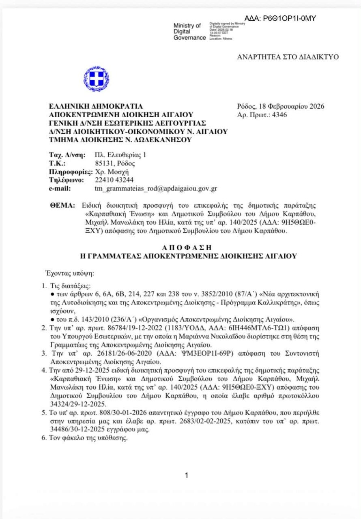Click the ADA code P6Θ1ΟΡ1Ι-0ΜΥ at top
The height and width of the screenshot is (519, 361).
pos(280,18)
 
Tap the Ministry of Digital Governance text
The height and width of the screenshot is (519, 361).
pos(189,32)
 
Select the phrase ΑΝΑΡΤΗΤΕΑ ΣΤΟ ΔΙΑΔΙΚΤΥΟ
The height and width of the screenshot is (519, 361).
pos(288,57)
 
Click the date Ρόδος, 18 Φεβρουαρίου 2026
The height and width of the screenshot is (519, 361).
pos(281,107)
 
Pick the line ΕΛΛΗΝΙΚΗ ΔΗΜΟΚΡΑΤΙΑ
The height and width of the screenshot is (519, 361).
pos(96,107)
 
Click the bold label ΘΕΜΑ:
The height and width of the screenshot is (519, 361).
pos(62,206)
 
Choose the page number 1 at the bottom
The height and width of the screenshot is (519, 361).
pos(186,475)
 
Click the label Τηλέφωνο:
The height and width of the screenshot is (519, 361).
pos(67,180)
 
